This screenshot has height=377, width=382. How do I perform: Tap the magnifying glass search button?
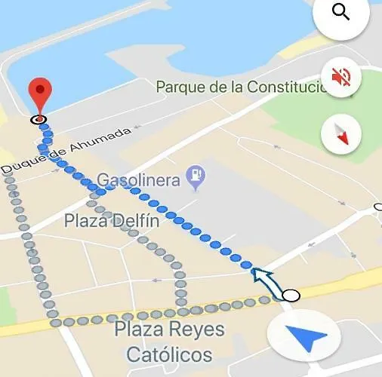(x=341, y=14)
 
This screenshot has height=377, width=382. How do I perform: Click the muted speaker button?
(x=341, y=77)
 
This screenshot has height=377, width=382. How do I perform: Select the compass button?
(x=341, y=134)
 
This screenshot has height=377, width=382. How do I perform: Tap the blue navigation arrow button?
(x=304, y=339)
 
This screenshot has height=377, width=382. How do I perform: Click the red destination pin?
(x=40, y=94)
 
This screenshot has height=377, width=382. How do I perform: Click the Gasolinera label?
(x=139, y=180)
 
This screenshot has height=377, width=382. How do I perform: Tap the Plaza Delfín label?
(x=111, y=221)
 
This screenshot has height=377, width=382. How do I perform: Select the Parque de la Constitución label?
(x=242, y=87)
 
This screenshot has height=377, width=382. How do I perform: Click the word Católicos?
(x=168, y=354)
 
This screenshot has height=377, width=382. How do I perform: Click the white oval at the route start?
(x=291, y=295)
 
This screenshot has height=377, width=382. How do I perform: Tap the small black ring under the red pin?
(x=39, y=119)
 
